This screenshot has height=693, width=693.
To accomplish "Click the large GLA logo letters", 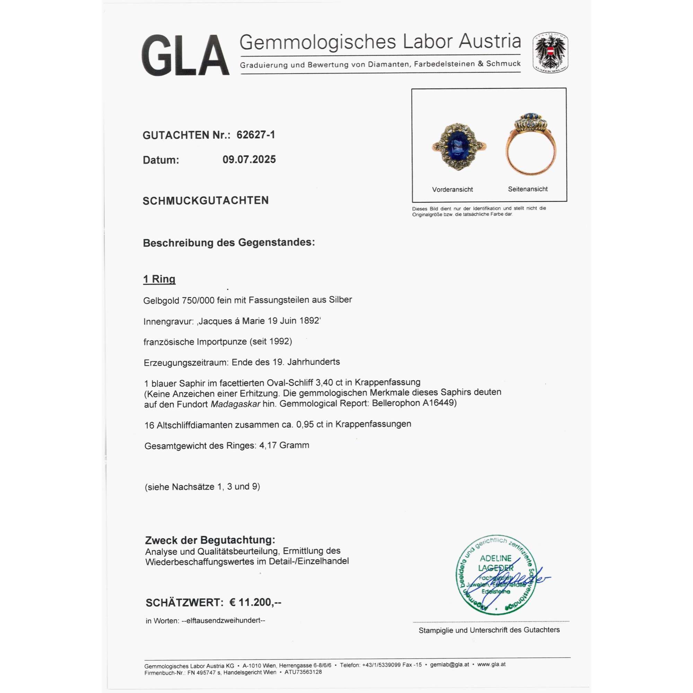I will point(185,55).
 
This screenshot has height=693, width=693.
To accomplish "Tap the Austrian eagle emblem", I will point(550,52).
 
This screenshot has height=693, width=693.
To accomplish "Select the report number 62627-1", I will point(256,135).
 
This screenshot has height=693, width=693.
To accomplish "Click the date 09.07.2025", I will point(249,160).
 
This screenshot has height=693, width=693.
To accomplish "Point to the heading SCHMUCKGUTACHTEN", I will point(205,201).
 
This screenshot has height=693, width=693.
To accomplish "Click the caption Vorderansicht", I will point(452,190).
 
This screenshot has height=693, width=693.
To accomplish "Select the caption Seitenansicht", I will point(528,189).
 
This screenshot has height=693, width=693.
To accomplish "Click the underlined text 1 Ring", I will point(159,279).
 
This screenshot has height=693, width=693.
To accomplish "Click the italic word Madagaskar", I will point(235,404).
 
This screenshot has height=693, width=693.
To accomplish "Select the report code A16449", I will point(439,403).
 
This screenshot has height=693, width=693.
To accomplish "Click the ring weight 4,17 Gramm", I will point(284,446).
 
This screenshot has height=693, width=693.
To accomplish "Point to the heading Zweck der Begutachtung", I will point(210,540).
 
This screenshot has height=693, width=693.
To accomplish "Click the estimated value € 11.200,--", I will point(255,602).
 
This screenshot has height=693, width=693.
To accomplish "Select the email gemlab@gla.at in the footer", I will point(449,664).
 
